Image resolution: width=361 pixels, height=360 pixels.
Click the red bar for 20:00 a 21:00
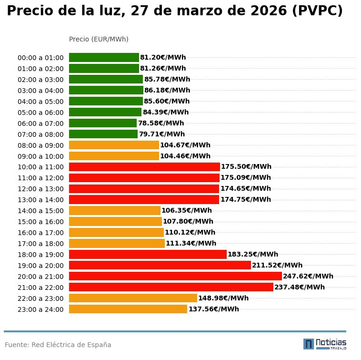coord(175,276)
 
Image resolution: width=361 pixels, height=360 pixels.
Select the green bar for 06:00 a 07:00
coord(103,123)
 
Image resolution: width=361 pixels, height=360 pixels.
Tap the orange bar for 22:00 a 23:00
coord(133,298)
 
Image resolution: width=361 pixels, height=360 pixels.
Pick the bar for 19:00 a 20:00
coord(160,265)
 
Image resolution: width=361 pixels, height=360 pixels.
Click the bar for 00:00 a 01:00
coord(104,58)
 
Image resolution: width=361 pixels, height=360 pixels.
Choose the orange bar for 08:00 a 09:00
coord(114,145)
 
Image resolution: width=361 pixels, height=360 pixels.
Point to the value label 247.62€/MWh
coord(308,276)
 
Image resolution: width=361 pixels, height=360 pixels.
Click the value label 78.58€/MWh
coord(161,123)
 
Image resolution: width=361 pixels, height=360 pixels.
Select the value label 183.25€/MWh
coord(253,255)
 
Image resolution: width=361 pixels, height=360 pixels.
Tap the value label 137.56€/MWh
coord(214,309)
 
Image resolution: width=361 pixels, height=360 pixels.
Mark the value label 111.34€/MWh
coord(191,244)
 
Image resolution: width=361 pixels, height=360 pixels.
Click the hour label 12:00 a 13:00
coord(40,189)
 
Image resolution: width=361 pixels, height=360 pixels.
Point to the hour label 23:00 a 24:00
coord(40,309)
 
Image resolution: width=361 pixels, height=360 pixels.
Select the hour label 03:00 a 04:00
coord(40,91)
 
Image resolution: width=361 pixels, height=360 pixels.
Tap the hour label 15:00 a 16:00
coord(40,222)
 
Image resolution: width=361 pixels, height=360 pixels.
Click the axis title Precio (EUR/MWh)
coord(99,39)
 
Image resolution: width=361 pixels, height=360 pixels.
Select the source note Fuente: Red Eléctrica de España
coord(58,345)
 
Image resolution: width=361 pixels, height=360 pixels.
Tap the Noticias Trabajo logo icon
coord(309,344)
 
